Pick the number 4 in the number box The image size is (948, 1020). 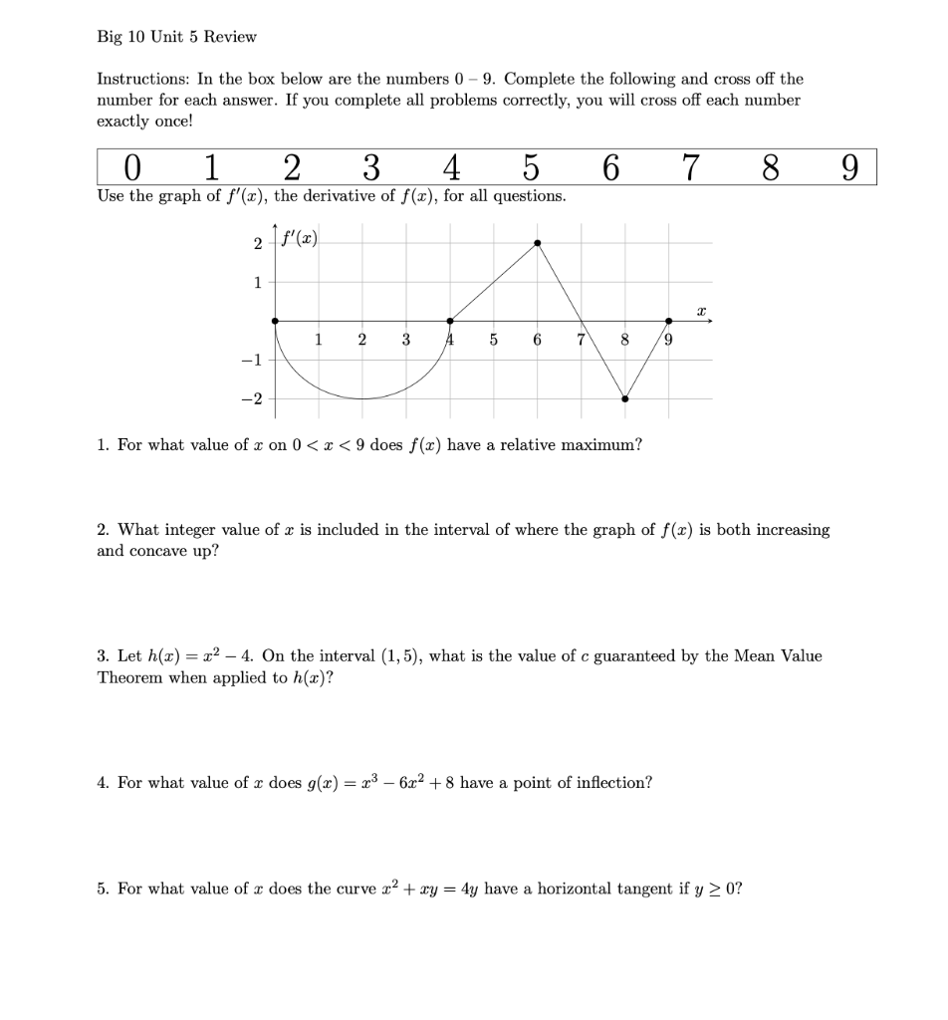point(451,166)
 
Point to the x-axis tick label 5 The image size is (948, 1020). point(494,340)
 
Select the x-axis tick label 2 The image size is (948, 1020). point(362,340)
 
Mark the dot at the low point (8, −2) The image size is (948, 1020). point(625,399)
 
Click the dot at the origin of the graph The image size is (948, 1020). point(275,321)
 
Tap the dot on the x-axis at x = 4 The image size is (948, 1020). point(450,321)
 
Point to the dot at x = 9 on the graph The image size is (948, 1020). point(668,321)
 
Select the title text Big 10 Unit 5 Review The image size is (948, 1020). point(176,37)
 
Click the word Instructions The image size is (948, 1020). point(137,79)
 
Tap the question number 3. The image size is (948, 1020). point(103,656)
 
